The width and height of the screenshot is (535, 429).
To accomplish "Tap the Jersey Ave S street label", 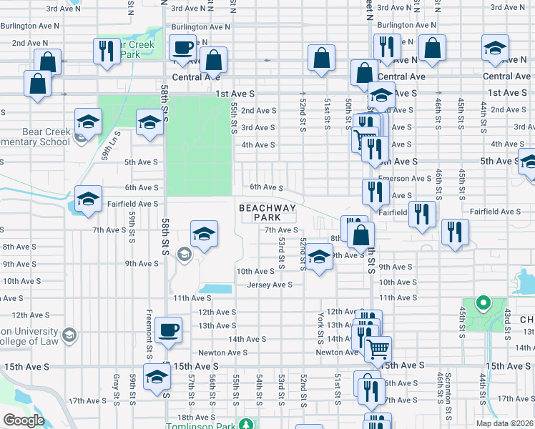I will click(x=270, y=285).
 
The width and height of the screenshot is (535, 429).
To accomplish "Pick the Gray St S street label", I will click(x=116, y=387).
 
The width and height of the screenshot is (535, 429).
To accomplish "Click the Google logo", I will click(x=24, y=420).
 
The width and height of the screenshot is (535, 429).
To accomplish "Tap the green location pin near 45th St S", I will click(x=483, y=303).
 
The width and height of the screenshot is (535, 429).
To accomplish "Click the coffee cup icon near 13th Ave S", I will click(x=169, y=330).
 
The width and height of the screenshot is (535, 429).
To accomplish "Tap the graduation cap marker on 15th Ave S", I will click(x=157, y=375).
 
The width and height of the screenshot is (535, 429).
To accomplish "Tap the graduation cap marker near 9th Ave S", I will click(x=320, y=255).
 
